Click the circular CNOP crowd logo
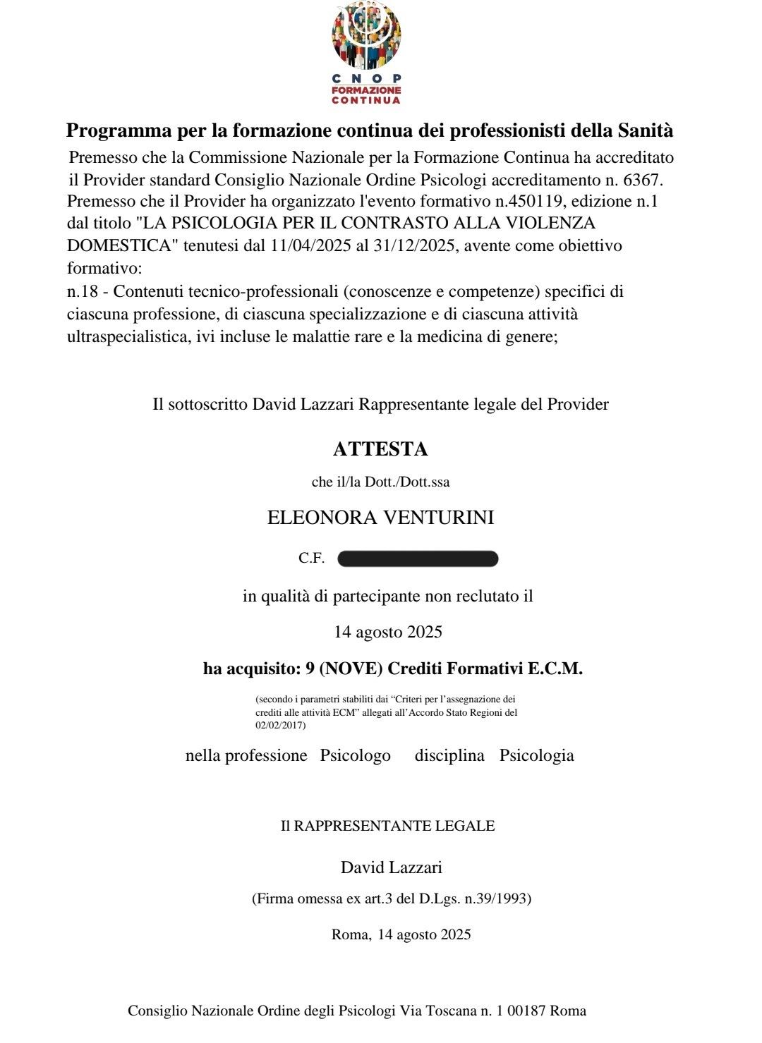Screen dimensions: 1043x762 (366, 35)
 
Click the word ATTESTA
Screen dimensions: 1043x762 (380, 449)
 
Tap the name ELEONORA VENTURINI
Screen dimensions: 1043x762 (380, 518)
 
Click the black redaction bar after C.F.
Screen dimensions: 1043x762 (418, 559)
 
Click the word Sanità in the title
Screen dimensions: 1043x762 (646, 130)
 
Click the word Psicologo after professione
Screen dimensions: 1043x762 (355, 756)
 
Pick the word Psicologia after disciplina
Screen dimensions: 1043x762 (536, 756)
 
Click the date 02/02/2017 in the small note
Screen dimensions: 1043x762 (280, 724)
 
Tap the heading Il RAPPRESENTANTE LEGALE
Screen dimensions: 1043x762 (387, 826)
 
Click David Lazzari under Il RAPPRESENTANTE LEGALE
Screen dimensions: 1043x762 (391, 867)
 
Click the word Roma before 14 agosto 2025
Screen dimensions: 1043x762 (349, 935)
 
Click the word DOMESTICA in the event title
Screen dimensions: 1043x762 (119, 246)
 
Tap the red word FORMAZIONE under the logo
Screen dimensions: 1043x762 (366, 90)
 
